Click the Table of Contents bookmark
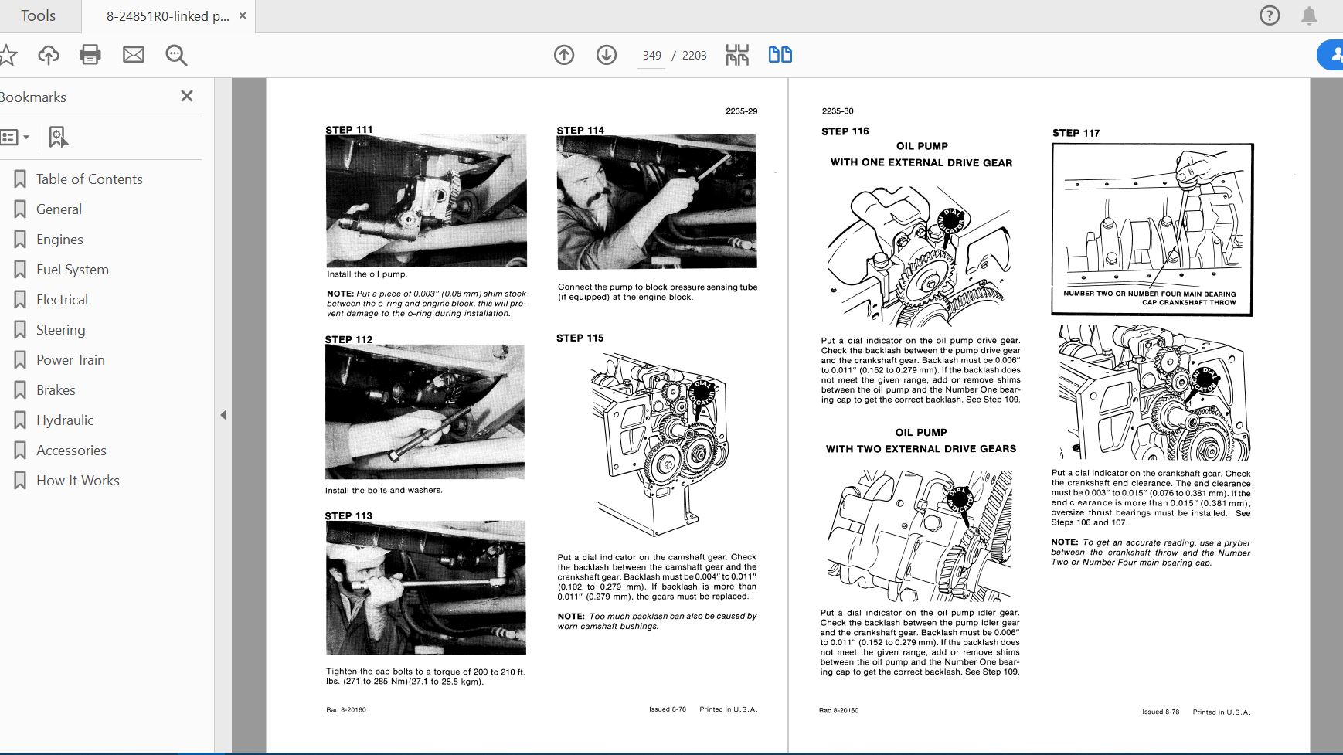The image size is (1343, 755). coord(89,179)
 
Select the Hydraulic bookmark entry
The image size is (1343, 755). coord(65,420)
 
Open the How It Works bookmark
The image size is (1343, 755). coord(77,481)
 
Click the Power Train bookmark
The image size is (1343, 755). coord(70,360)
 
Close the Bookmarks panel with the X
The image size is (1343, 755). coord(186,97)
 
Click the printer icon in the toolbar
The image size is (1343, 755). coord(90,55)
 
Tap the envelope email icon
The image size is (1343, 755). coord(134,55)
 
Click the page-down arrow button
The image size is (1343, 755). coord(607,55)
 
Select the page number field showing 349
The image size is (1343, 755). coord(651,56)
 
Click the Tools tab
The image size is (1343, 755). coord(38,16)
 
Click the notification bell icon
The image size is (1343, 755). coord(1309,16)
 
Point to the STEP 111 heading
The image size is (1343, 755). coord(349,130)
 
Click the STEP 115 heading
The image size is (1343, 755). coord(580,338)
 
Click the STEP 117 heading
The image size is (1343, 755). coord(1076,133)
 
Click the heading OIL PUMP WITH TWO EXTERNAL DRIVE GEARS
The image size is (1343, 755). coord(921,440)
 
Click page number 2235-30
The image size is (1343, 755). coord(838,111)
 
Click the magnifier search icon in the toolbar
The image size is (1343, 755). coord(176,55)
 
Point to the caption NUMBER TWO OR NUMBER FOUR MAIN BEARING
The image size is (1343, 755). coord(1149,294)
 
